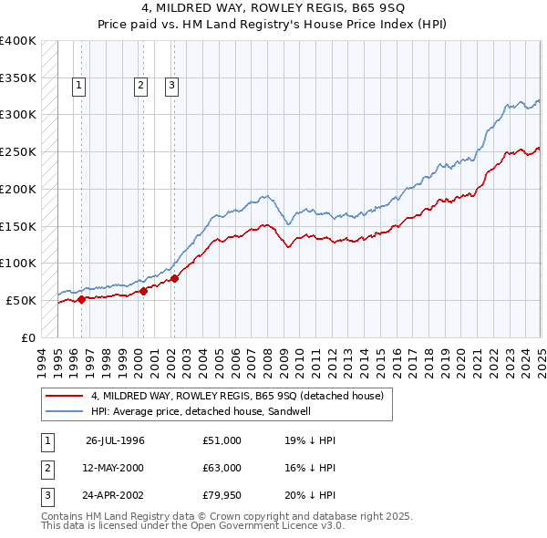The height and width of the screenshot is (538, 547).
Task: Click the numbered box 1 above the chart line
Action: point(80,87)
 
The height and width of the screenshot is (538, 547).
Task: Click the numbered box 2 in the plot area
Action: point(140,87)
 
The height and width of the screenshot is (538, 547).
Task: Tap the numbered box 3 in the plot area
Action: point(171,87)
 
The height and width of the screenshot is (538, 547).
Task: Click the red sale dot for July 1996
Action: point(82,298)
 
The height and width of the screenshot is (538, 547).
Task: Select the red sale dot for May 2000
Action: point(143,292)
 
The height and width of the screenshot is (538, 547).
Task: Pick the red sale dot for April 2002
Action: point(174,278)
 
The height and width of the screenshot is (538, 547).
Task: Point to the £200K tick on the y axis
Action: point(19,189)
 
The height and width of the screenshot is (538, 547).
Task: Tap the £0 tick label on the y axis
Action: point(28,337)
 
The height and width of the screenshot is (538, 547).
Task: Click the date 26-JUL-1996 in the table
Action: point(115,440)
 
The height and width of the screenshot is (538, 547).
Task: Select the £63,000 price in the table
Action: point(222,468)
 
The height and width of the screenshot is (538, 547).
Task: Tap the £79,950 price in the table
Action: point(222,495)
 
